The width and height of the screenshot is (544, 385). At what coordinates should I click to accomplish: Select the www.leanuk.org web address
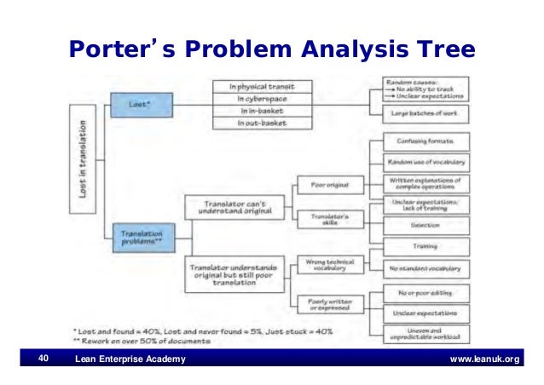pyautogui.click(x=484, y=359)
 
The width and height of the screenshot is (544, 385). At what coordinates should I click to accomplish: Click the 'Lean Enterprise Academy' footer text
pyautogui.click(x=130, y=359)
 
